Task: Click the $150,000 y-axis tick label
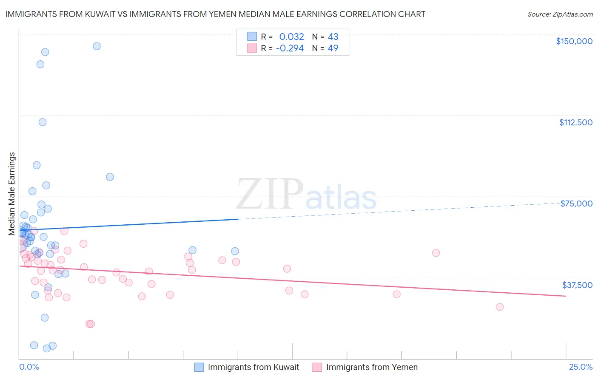pos(574,41)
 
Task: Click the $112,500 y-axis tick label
pos(575,122)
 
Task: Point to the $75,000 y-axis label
pos(576,204)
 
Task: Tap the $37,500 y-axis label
pos(577,285)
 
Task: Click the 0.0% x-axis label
pos(29,367)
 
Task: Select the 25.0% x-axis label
pos(581,367)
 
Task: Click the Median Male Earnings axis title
pos(12,194)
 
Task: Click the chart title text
pos(215,14)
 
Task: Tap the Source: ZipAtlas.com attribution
pos(560,14)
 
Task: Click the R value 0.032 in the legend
pos(291,37)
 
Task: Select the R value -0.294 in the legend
pos(290,48)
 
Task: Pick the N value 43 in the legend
pos(333,37)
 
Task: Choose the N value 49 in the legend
pos(333,48)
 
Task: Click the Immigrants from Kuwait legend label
pos(253,367)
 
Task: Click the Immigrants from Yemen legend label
pos(372,367)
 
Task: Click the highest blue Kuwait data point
pos(97,46)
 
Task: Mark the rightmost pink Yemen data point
pos(500,307)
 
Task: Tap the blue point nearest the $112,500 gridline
pos(43,122)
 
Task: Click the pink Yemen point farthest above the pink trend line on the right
pos(436,253)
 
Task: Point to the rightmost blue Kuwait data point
pos(235,251)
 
